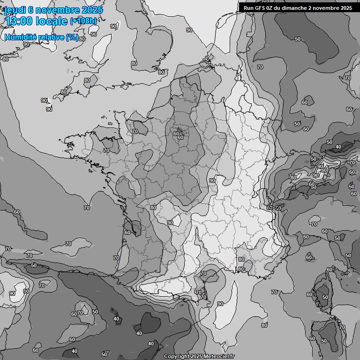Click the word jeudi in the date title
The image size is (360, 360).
(x=15, y=10)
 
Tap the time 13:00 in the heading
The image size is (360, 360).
(x=19, y=21)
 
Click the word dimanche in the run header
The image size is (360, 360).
(x=293, y=7)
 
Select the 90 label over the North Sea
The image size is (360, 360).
(x=189, y=30)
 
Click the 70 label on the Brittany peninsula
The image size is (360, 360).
(x=106, y=150)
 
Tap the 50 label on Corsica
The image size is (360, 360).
(x=325, y=297)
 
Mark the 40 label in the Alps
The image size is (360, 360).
(x=338, y=147)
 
